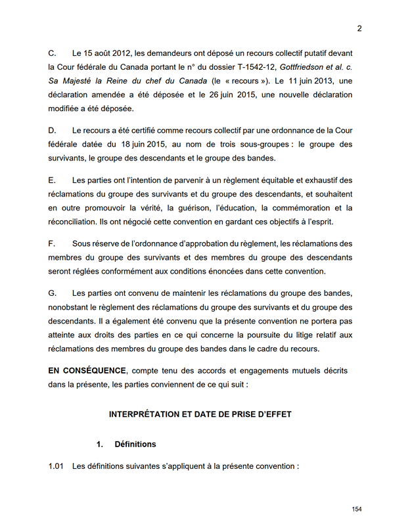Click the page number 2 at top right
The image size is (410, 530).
point(359,28)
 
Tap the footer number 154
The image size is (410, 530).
point(357,509)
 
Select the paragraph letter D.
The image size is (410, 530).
point(53,130)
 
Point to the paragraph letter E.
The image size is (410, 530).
point(52,180)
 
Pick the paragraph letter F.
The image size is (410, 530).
point(52,243)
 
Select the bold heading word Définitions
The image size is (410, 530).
point(135,444)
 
